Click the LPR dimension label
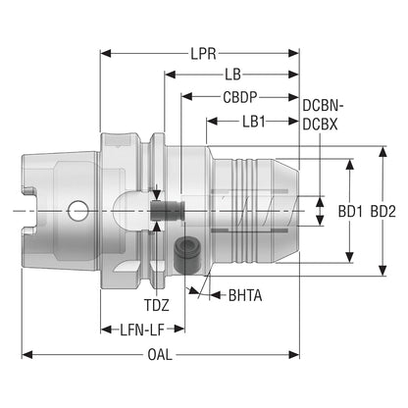203,54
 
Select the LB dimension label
232,75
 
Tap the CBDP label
240,97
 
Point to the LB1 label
254,122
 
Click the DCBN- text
323,106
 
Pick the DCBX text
320,125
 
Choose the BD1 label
350,212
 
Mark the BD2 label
383,212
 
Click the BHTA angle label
245,295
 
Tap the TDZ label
157,305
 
